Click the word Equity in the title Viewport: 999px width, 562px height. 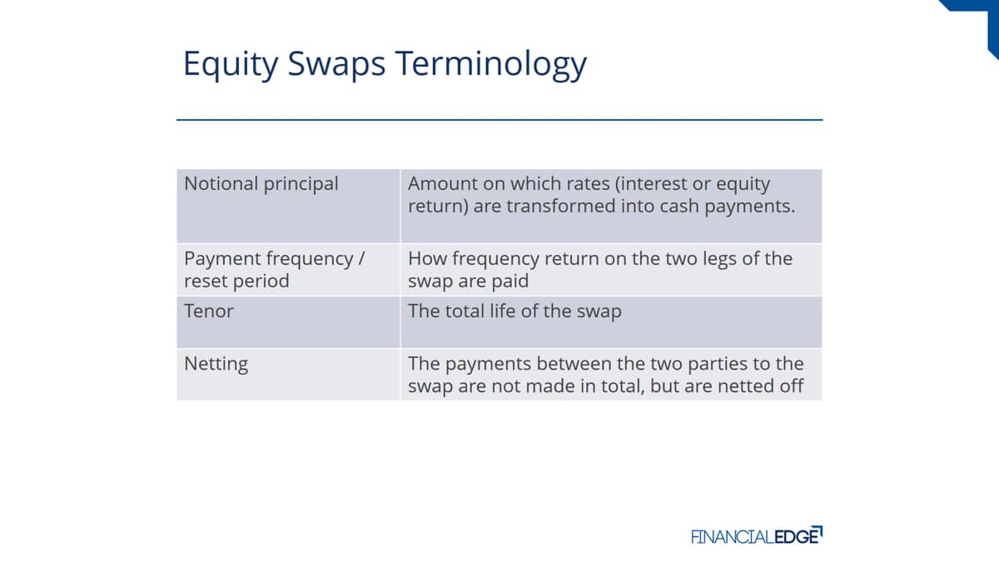(x=231, y=64)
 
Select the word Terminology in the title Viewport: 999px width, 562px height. (x=490, y=64)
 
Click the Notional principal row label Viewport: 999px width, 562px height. (x=261, y=184)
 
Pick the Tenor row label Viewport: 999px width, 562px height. (x=208, y=311)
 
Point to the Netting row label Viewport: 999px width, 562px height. (x=216, y=364)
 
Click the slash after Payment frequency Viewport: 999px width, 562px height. (x=360, y=259)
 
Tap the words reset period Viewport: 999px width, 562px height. (x=236, y=281)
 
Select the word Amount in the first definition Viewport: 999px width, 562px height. (x=442, y=184)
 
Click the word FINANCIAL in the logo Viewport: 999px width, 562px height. (x=732, y=536)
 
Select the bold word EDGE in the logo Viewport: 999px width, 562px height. (x=797, y=536)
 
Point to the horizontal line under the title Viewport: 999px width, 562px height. (x=499, y=120)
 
